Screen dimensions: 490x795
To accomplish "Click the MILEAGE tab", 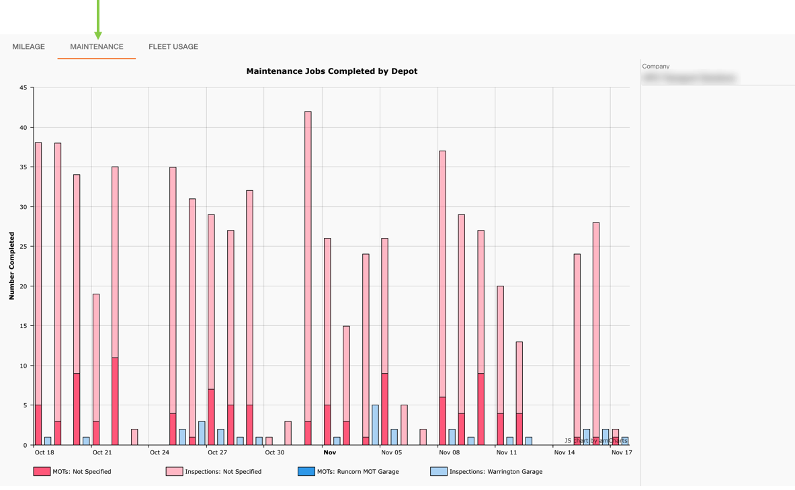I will pyautogui.click(x=28, y=47).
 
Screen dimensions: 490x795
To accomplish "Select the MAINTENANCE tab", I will pyautogui.click(x=97, y=47).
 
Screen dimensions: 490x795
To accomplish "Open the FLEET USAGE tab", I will pyautogui.click(x=173, y=47).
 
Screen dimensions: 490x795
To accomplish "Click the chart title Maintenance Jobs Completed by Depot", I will pyautogui.click(x=331, y=71).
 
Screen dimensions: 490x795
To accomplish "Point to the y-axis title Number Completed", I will pyautogui.click(x=11, y=266).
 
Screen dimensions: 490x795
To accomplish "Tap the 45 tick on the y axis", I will pyautogui.click(x=24, y=88).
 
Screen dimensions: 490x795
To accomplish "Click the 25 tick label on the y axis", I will pyautogui.click(x=24, y=247).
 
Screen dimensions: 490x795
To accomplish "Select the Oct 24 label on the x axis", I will pyautogui.click(x=159, y=453).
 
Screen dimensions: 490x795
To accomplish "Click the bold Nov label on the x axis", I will pyautogui.click(x=329, y=453).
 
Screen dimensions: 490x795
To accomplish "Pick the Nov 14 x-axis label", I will pyautogui.click(x=564, y=453).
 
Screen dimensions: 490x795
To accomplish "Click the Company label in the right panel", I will pyautogui.click(x=656, y=67).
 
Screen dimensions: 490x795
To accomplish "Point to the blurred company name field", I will pyautogui.click(x=689, y=78).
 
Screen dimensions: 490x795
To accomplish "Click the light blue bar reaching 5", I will pyautogui.click(x=376, y=425).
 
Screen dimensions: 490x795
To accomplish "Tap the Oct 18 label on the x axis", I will pyautogui.click(x=44, y=453).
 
